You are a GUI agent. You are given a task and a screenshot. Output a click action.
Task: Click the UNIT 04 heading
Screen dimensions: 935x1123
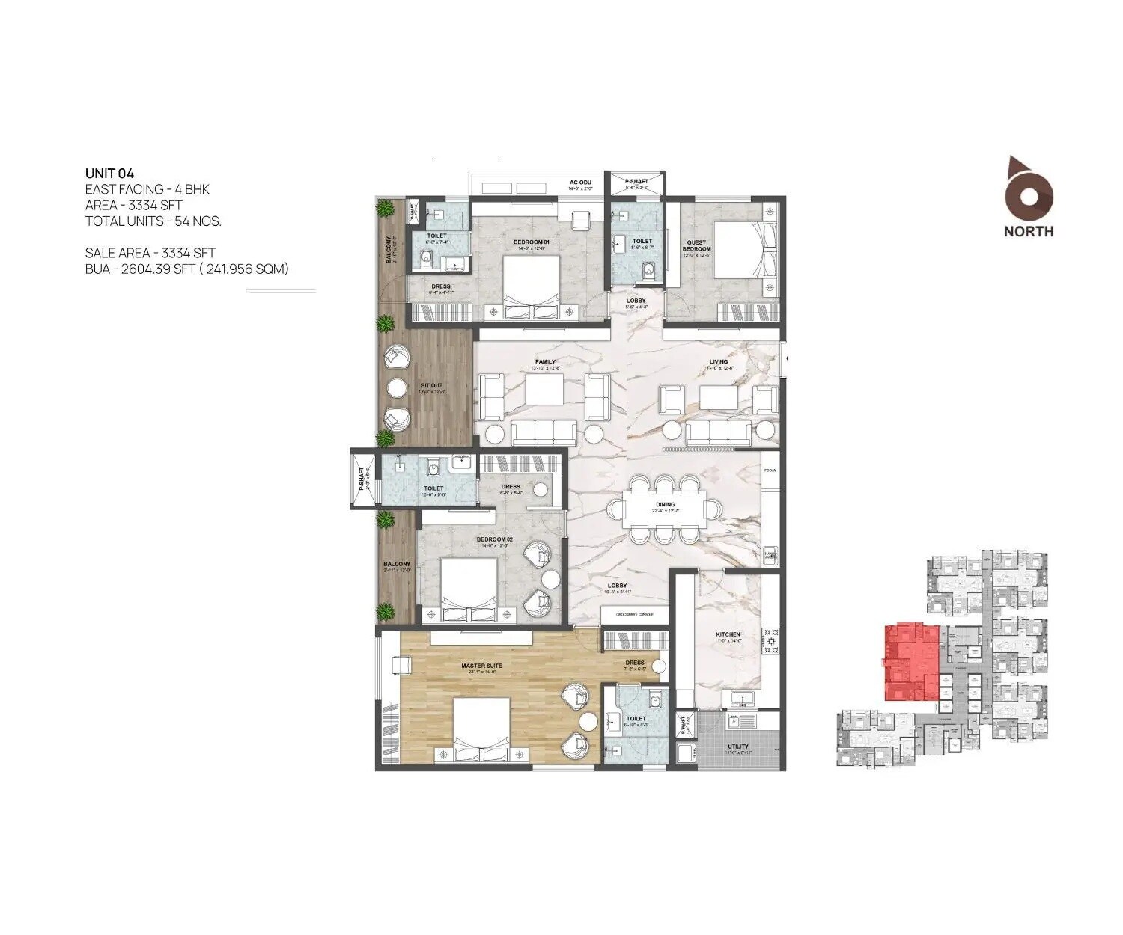[x=109, y=174]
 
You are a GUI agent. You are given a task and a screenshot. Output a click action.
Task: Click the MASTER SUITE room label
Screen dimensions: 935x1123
[x=481, y=665]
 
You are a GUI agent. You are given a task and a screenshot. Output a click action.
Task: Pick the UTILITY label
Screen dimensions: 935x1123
[x=738, y=747]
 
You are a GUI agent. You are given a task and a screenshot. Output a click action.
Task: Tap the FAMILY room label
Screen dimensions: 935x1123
[x=545, y=362]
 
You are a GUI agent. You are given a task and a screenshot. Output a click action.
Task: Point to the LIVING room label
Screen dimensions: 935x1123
[x=719, y=362]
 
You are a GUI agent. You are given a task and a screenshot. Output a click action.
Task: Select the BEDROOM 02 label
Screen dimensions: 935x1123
[x=494, y=539]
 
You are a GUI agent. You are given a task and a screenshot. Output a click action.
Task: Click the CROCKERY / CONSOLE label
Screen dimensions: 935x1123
[x=634, y=614]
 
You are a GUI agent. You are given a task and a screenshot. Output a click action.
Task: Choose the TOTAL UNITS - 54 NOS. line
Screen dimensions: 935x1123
[x=153, y=221]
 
